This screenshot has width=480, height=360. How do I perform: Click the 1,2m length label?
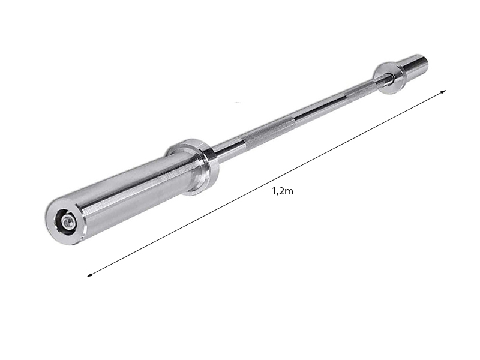click(x=282, y=191)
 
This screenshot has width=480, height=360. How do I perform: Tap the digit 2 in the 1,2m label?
click(x=280, y=191)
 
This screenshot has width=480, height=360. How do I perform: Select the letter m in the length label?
click(x=289, y=192)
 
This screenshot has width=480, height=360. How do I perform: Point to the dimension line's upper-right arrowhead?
click(x=443, y=92)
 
